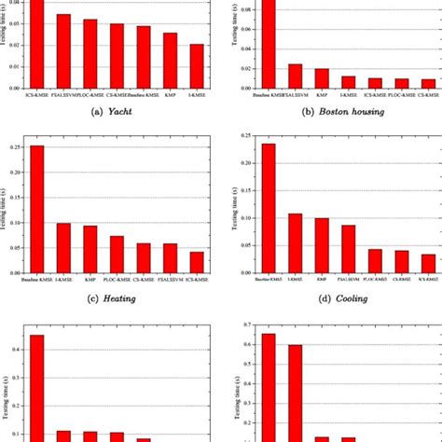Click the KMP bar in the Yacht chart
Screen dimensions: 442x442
coord(170,59)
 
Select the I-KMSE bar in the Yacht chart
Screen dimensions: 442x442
coord(197,64)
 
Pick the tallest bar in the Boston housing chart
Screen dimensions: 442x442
coord(268,43)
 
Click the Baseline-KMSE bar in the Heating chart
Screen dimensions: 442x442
coord(36,209)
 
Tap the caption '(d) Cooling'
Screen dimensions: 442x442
coord(334,298)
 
